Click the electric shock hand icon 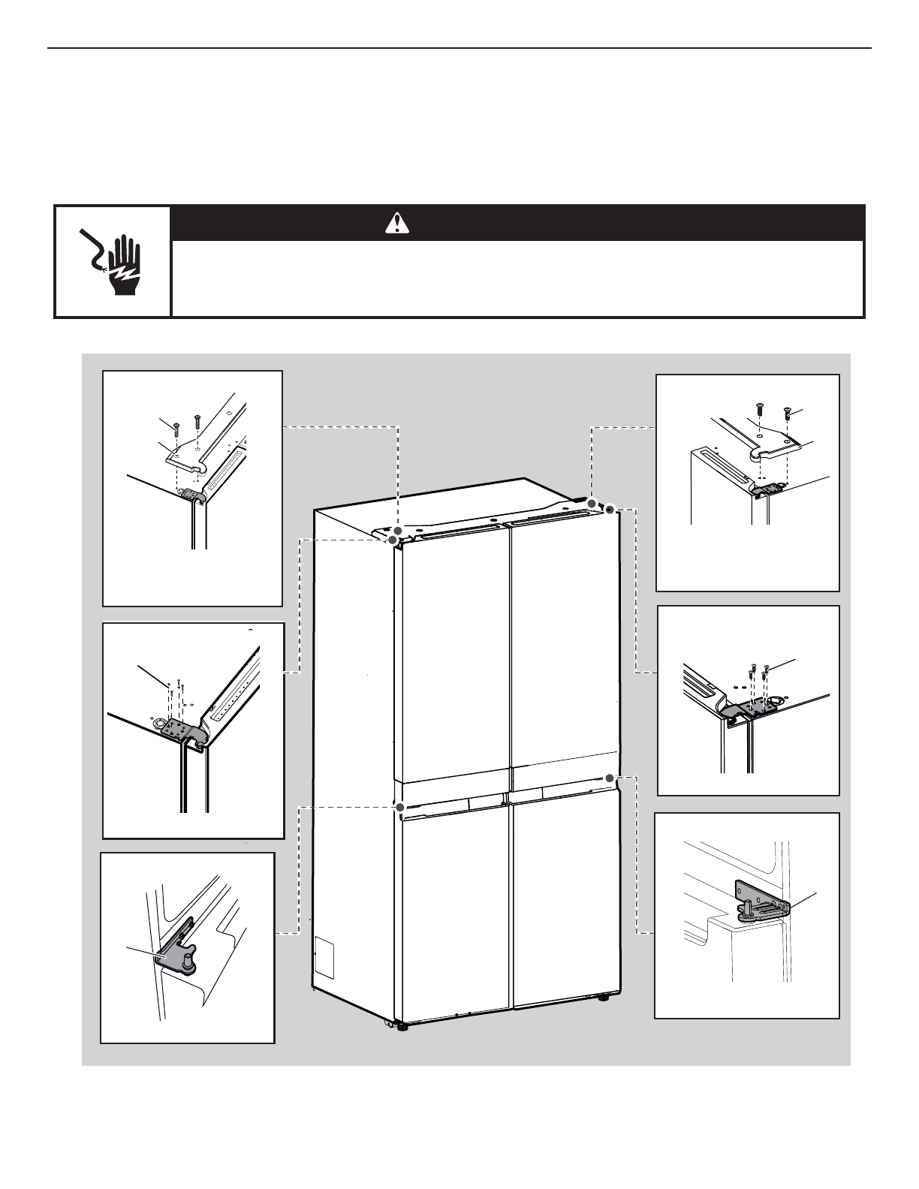(x=113, y=260)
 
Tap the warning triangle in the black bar (x=397, y=222)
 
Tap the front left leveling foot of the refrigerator (x=402, y=1027)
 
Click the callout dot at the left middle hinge (x=400, y=807)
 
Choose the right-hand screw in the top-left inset (x=197, y=420)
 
